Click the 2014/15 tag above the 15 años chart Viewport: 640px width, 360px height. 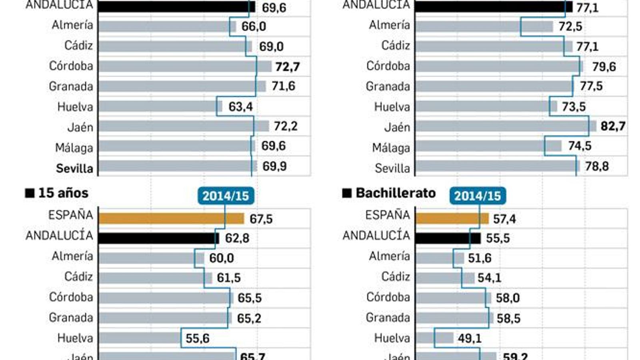click(x=226, y=196)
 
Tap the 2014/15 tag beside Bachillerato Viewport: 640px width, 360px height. click(x=478, y=196)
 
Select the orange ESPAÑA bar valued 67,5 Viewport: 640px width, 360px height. click(x=171, y=218)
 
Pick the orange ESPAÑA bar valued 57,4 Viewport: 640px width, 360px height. click(x=452, y=218)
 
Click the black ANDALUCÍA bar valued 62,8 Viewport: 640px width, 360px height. click(x=158, y=238)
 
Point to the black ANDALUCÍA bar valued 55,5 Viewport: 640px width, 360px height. click(x=448, y=238)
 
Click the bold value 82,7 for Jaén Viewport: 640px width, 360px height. click(x=613, y=126)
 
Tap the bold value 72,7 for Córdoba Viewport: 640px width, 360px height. click(x=287, y=66)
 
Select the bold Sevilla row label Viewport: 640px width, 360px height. click(x=74, y=168)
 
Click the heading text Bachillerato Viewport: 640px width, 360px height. click(x=395, y=193)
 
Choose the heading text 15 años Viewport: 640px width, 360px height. click(x=63, y=193)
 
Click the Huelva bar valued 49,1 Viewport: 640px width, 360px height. click(x=434, y=338)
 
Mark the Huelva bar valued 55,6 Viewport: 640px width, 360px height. click(x=140, y=338)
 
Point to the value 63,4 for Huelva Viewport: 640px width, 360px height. click(x=240, y=107)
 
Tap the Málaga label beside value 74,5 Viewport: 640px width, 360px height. click(x=391, y=148)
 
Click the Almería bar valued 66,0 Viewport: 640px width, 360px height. click(x=167, y=26)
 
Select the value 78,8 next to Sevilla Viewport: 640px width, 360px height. click(x=597, y=166)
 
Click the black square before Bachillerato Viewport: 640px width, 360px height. click(x=347, y=194)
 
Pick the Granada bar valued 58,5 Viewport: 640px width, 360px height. click(x=454, y=318)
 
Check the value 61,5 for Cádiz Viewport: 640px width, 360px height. click(x=228, y=278)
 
